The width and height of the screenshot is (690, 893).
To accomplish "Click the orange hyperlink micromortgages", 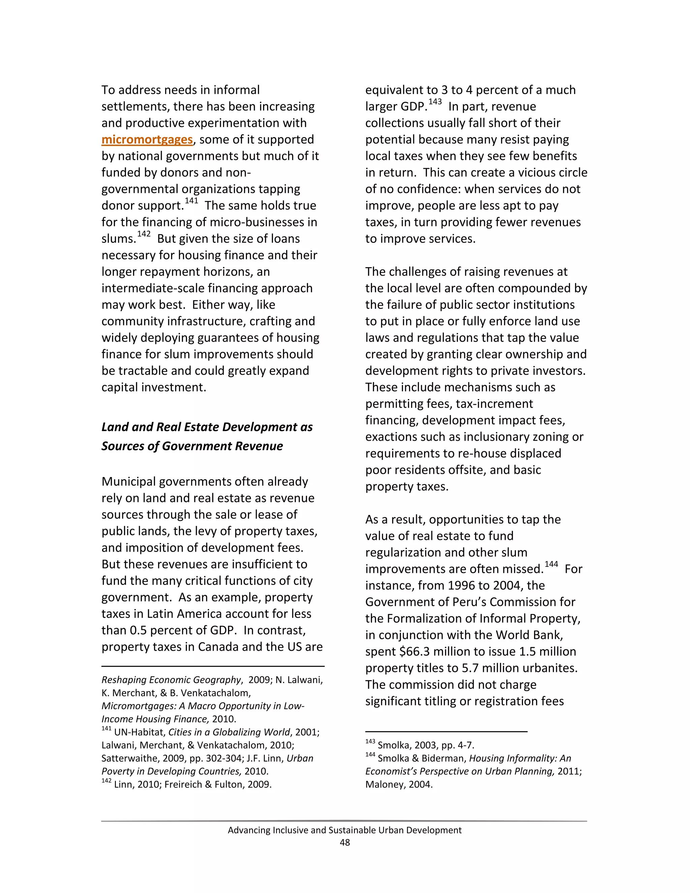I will tap(147, 140).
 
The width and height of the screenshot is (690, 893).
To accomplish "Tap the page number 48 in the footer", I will tap(345, 842).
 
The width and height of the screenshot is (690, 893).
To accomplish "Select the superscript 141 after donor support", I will tap(191, 201).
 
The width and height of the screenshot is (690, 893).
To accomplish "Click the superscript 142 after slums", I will tap(144, 234).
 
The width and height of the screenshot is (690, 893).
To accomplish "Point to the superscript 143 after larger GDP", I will tap(435, 102).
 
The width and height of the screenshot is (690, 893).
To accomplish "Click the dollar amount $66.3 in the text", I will tap(412, 651).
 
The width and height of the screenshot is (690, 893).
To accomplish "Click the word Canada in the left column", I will tap(219, 647).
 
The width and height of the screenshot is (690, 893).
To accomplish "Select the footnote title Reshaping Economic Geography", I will tap(171, 680).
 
